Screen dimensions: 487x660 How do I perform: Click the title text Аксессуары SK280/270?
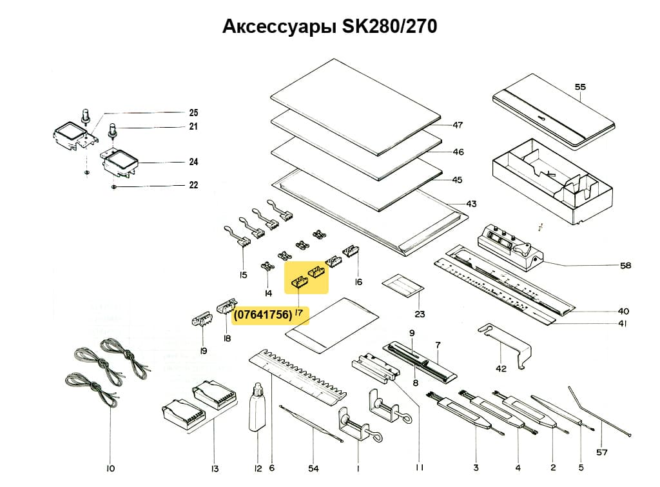coord(329,27)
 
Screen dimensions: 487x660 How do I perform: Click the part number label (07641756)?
coord(262,315)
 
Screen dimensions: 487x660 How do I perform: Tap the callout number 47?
coord(458,125)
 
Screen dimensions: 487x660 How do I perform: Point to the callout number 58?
coord(625,265)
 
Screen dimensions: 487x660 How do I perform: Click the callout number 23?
coord(420,314)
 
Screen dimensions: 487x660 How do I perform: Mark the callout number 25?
coord(193,111)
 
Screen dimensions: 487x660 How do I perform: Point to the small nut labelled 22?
coord(113,186)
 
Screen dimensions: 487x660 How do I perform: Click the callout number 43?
coord(471,204)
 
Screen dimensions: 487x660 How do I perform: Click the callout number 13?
coord(215,468)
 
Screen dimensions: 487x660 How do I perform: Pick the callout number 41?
coord(622,324)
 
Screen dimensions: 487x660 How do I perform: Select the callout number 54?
coord(314,468)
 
